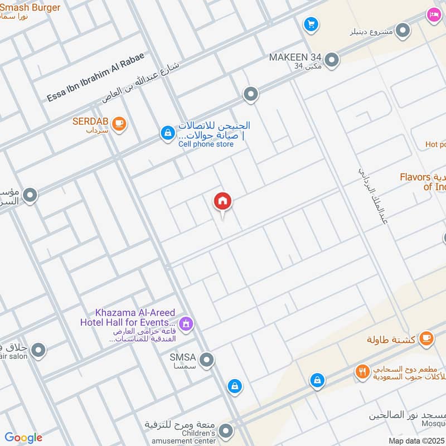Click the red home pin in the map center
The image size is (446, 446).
(222, 202)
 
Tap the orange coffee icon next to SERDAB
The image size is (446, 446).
(118, 124)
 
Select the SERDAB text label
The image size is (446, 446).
(90, 121)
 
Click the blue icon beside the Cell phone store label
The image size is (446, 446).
(167, 133)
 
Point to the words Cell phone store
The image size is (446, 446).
(206, 144)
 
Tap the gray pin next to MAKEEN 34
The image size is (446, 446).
(332, 60)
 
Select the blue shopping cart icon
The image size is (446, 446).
(311, 25)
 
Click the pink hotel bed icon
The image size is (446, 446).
(434, 15)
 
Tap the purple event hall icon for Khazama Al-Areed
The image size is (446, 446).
(186, 323)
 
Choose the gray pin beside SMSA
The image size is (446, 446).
(207, 360)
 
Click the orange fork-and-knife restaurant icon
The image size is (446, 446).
(363, 372)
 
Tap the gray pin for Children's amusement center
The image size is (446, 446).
(226, 431)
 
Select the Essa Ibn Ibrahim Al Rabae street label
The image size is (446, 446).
(95, 77)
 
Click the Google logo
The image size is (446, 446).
(23, 438)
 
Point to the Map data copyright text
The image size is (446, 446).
(416, 440)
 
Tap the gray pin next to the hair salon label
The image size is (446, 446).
(38, 351)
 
